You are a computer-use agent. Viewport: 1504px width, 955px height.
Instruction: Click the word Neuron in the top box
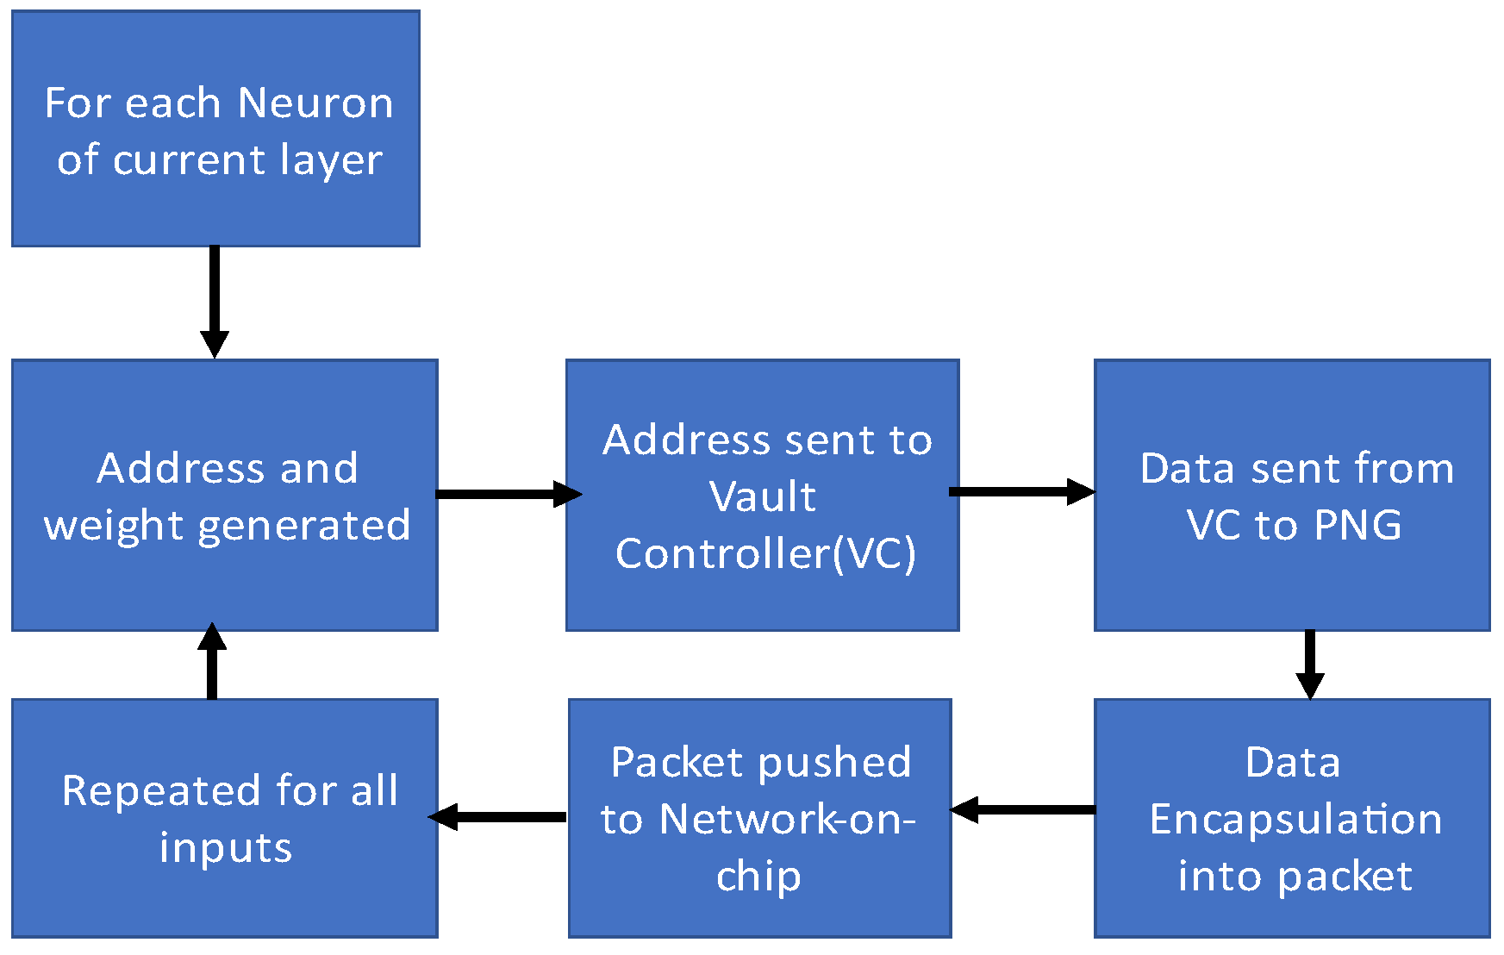tap(315, 103)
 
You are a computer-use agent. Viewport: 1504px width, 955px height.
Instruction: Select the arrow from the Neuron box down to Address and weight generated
tap(214, 302)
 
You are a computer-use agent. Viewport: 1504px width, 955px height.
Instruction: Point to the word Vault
tap(762, 496)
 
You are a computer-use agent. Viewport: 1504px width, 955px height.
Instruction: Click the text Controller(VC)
tap(765, 553)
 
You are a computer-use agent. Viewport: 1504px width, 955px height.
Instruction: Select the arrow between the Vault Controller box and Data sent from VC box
tap(1020, 491)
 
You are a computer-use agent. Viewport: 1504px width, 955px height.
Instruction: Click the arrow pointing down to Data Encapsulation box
tap(1309, 664)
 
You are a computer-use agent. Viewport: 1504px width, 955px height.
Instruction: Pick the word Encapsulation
tap(1295, 819)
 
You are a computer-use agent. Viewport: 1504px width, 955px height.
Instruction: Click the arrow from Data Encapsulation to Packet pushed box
tap(1022, 809)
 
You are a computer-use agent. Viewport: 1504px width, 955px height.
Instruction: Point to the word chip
tap(758, 877)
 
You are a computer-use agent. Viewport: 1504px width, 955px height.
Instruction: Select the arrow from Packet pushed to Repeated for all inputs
tap(498, 816)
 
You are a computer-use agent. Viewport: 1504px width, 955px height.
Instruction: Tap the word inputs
tap(226, 847)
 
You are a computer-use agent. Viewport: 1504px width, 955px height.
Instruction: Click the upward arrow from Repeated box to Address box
tap(212, 662)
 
